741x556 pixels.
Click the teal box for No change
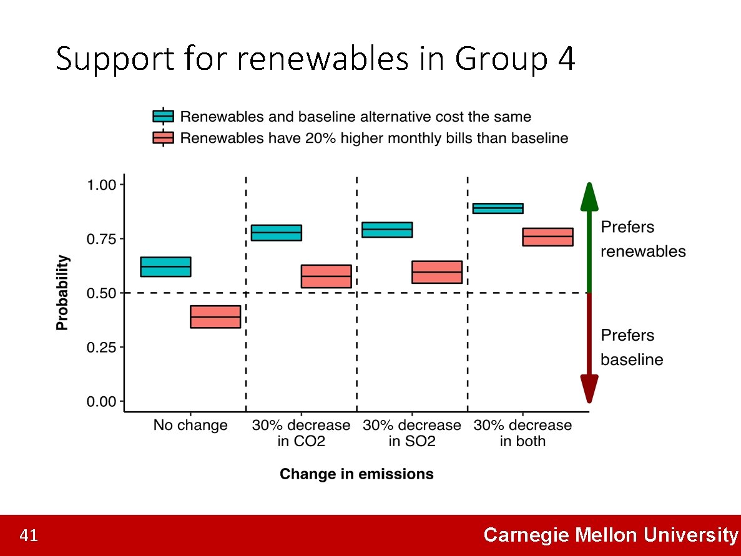[165, 266]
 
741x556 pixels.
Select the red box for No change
[215, 316]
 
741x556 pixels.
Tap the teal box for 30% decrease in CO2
[277, 233]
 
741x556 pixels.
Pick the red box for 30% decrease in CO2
[326, 276]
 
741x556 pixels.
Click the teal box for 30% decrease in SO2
[387, 230]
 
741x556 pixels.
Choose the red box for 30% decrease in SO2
[437, 272]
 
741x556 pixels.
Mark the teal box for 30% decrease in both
[498, 208]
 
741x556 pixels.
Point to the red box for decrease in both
[547, 237]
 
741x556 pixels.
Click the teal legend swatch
[163, 117]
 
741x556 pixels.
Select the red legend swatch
[163, 138]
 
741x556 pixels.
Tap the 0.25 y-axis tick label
[102, 348]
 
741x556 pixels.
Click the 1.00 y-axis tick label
[102, 185]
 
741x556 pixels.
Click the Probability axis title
[63, 293]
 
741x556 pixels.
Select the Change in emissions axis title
[356, 474]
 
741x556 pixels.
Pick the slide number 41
[29, 535]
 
